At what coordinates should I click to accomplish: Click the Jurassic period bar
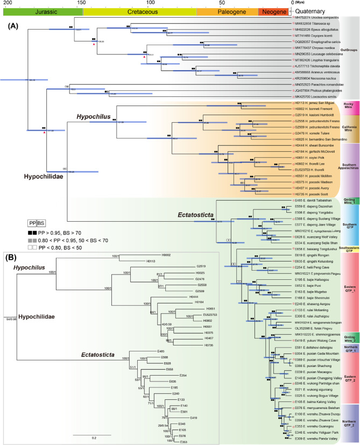[42, 11]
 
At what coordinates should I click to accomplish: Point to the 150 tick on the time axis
[80, 3]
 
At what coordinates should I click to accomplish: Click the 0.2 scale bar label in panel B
[93, 422]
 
